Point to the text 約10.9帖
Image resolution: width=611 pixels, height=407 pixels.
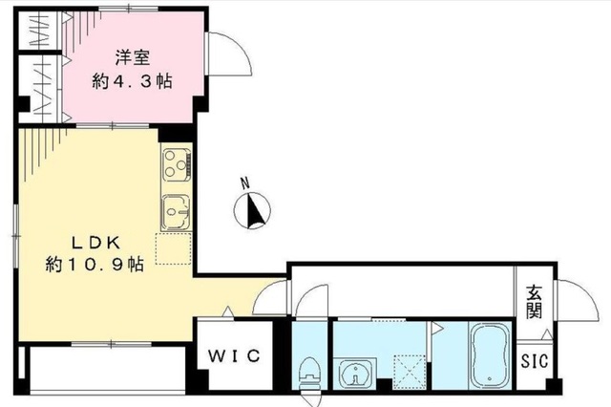(x=94, y=264)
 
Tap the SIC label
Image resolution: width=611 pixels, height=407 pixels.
(x=534, y=361)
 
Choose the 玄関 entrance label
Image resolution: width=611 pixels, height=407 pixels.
(x=533, y=303)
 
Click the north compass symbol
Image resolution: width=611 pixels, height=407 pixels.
(x=254, y=210)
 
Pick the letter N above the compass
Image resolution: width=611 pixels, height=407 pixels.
(x=244, y=182)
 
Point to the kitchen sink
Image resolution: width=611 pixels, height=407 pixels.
(x=177, y=210)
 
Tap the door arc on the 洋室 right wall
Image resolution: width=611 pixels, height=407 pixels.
(x=229, y=57)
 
